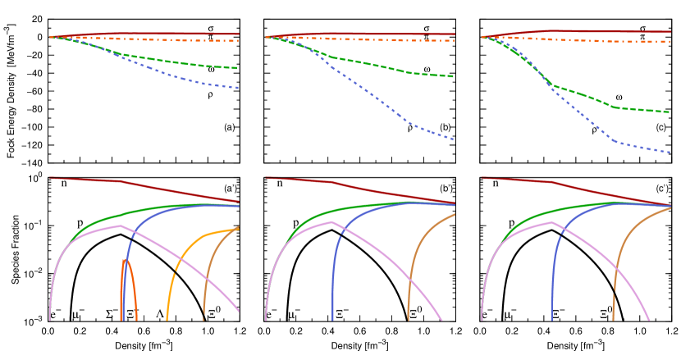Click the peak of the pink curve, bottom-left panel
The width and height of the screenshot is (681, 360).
(x=121, y=226)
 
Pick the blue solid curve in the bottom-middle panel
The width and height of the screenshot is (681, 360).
(x=345, y=238)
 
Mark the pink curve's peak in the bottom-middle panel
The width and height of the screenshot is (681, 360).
(x=331, y=221)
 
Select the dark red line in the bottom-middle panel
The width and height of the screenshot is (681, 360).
(x=377, y=189)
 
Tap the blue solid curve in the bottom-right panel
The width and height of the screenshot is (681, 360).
(x=566, y=238)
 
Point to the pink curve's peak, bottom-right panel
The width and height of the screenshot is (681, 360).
(x=551, y=222)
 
